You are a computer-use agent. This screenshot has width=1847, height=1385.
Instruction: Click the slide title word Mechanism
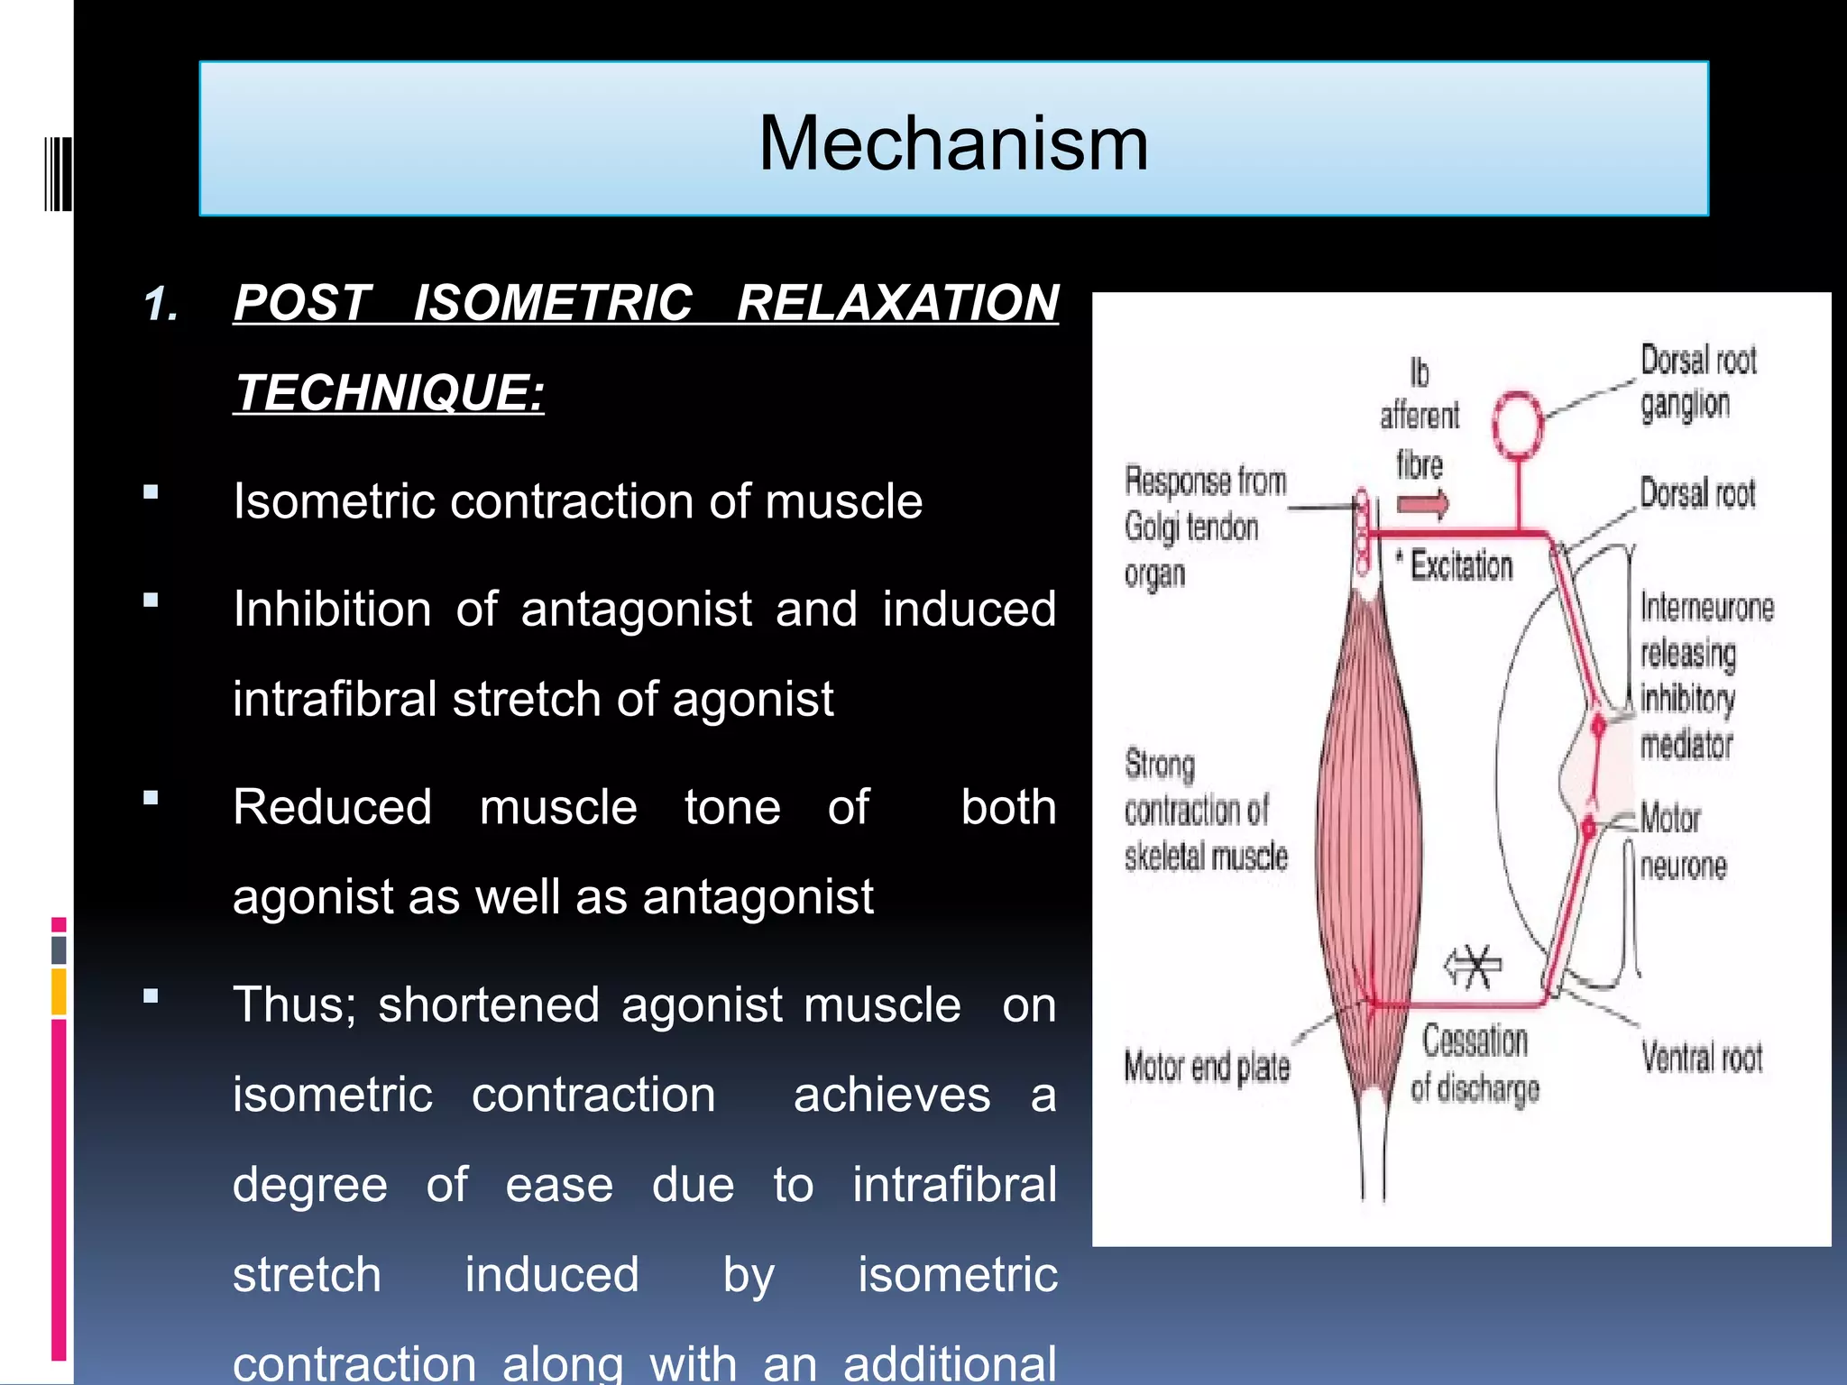[953, 143]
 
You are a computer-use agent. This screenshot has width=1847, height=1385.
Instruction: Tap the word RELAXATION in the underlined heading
[897, 303]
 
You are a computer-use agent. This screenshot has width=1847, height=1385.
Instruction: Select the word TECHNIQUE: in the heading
[389, 393]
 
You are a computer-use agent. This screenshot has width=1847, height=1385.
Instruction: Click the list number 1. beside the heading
[161, 305]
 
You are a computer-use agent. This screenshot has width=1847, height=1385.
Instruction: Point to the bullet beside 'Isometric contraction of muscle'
[151, 492]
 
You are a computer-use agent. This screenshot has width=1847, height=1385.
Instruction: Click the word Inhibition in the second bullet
[332, 609]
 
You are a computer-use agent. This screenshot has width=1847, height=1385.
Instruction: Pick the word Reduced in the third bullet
[332, 806]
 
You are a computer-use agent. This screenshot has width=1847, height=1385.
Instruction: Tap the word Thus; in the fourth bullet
[294, 1004]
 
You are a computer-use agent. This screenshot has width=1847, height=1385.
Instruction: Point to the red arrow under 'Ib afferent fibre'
[1423, 504]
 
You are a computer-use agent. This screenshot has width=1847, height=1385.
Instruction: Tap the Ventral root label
[1701, 1057]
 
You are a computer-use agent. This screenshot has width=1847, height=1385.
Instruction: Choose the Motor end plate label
[1206, 1068]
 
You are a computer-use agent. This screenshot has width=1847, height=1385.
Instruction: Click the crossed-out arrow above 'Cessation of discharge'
[1473, 968]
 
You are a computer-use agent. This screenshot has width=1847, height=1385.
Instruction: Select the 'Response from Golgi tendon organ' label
[1204, 527]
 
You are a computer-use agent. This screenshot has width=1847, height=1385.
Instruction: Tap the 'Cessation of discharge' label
[1475, 1065]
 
